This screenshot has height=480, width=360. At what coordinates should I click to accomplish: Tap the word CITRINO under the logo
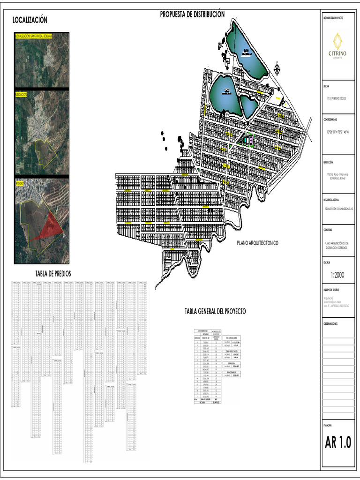[337, 53]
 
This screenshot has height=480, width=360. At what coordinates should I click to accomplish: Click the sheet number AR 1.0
[338, 442]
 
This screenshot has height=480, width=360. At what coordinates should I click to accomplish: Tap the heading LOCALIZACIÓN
[30, 20]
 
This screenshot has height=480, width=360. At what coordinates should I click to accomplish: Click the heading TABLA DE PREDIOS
[53, 274]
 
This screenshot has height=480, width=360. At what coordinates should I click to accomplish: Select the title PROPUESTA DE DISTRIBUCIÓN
[192, 15]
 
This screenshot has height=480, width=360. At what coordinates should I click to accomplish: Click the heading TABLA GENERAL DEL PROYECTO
[215, 311]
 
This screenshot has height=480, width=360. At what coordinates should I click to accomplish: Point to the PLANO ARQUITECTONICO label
[257, 243]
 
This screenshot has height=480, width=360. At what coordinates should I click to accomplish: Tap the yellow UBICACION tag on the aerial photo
[22, 94]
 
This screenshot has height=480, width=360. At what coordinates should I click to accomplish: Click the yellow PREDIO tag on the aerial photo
[20, 184]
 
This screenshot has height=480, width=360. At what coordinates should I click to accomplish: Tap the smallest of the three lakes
[248, 105]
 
